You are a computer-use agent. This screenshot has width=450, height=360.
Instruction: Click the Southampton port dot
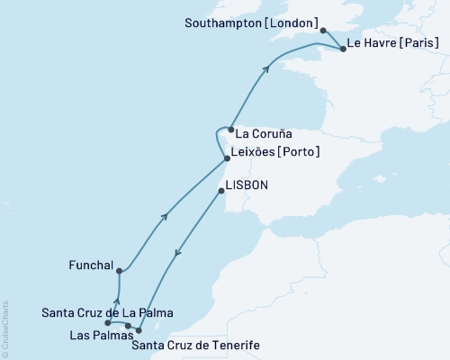pos(323,30)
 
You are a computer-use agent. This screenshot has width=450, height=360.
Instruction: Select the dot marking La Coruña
pos(231,130)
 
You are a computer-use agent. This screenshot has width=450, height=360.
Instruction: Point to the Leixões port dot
pos(227,159)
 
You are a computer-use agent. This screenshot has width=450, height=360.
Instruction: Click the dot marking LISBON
pos(222,191)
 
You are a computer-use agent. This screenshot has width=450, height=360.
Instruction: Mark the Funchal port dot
pos(119,270)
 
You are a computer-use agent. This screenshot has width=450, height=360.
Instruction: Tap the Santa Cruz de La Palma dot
pos(107,322)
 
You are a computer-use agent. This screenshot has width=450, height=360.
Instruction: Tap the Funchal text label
pos(91,265)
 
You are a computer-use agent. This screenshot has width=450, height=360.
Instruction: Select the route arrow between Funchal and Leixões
pos(164,215)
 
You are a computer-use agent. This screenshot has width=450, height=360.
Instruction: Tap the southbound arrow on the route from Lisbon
pos(177,254)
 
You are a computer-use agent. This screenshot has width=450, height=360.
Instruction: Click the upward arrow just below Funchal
pos(118,301)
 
